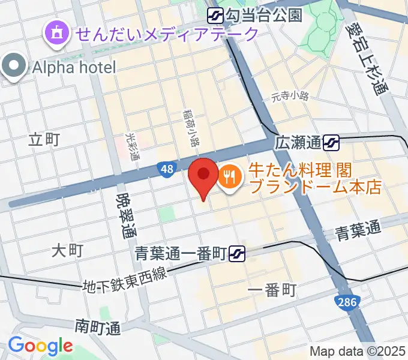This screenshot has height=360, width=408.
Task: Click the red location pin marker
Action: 203,175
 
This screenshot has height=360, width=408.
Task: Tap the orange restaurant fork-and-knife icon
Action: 229,176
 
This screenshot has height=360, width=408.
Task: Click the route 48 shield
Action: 167,170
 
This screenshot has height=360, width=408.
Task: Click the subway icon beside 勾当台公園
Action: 215,14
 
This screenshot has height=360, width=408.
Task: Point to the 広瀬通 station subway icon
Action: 331,143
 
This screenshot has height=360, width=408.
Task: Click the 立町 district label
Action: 44,140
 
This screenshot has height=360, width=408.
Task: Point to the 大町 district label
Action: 67,250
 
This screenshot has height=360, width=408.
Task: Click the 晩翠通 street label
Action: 125,215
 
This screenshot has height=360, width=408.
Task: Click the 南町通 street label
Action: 98,327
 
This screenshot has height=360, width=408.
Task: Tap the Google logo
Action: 40,346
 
